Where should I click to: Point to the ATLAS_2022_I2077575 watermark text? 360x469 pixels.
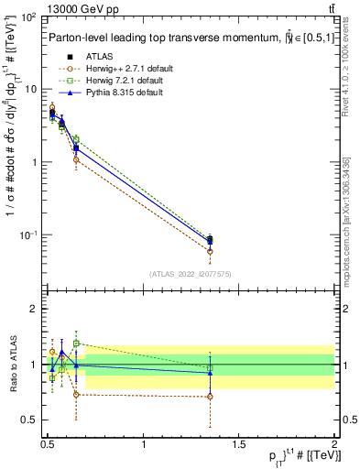pyautogui.click(x=191, y=273)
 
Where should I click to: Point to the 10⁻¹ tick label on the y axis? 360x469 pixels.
pyautogui.click(x=28, y=235)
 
